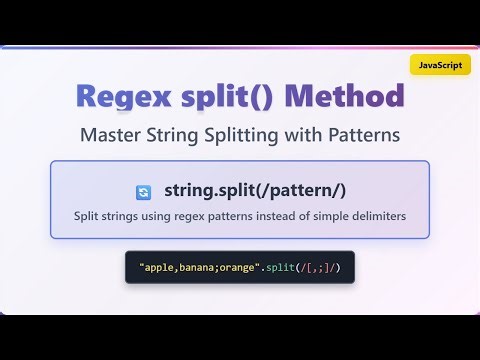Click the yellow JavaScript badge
tap(440, 64)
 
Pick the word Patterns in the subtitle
tap(364, 133)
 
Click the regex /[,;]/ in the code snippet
tap(316, 268)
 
